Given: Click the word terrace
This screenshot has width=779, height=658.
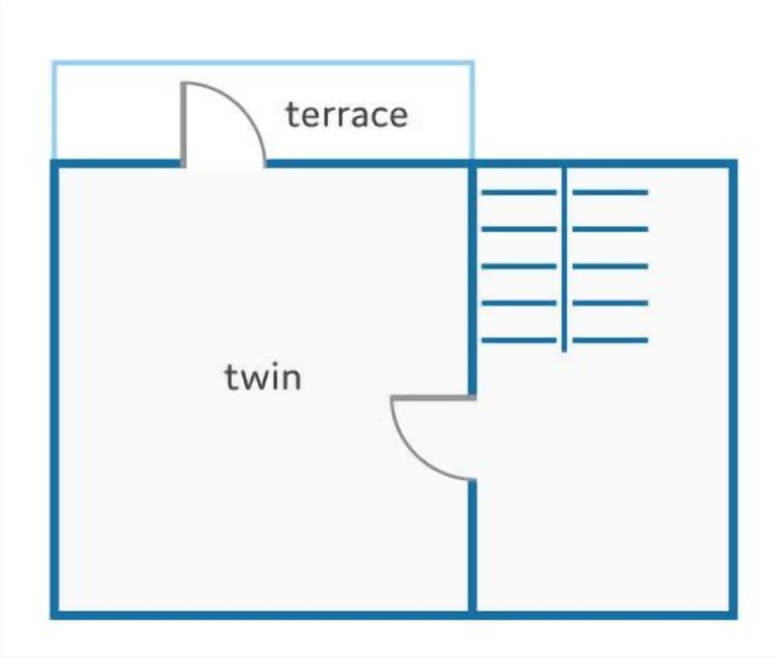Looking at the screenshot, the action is tap(346, 115).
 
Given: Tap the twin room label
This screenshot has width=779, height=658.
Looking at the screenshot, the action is tap(263, 377).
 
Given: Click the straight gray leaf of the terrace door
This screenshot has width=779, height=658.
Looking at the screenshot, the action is tap(183, 124).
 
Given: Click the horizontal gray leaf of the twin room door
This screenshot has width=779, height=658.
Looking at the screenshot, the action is tap(433, 397).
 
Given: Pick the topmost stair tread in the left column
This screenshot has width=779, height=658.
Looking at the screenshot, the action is tap(519, 192).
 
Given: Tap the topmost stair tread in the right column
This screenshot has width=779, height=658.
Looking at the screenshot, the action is tap(610, 192).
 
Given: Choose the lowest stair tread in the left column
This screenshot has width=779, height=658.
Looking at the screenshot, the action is tap(519, 340).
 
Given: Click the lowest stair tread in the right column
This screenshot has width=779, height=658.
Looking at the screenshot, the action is tap(610, 340).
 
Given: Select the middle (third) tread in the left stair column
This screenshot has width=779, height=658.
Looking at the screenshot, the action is tap(519, 266).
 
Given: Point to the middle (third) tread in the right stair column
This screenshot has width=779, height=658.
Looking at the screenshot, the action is tap(610, 266).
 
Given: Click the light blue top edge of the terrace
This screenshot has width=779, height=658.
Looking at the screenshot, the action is tap(263, 63).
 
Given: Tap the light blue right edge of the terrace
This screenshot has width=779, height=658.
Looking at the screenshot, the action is tap(472, 110).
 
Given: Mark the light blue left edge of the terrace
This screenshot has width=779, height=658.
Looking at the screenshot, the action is tap(54, 110).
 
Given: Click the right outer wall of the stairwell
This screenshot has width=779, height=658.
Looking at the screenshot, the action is tap(734, 389).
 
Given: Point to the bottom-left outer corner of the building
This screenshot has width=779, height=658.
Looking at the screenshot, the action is tap(51, 619).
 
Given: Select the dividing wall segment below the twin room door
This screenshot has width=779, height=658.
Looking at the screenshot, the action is tap(472, 546).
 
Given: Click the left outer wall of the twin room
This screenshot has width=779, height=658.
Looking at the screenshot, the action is tap(54, 389).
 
